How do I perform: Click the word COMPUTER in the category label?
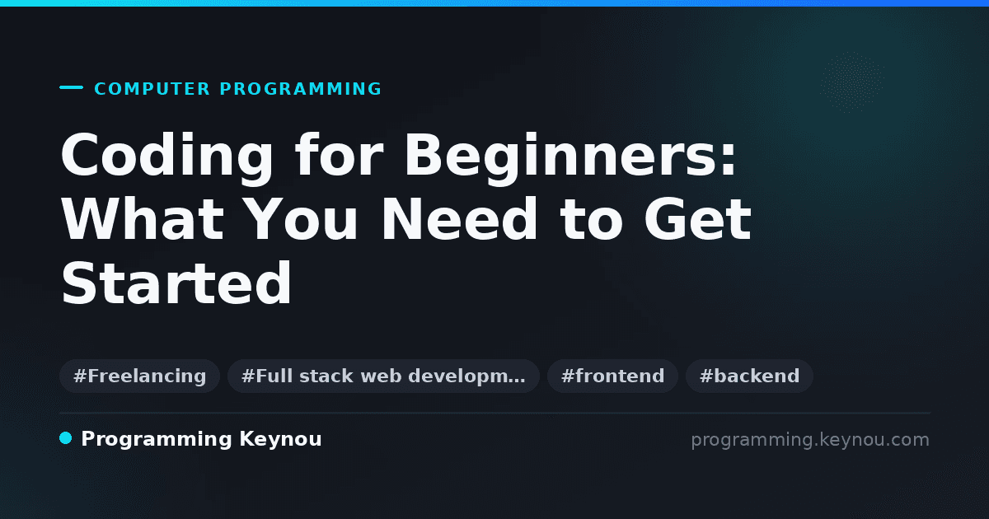coord(152,89)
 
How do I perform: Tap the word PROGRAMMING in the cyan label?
coord(301,89)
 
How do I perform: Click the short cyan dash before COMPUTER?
coord(71,87)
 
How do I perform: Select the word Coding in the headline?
coord(166,157)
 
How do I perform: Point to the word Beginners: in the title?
coord(570,157)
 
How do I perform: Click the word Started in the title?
coord(176,283)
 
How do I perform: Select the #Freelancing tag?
coord(139,376)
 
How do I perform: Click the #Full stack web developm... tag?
coord(383,376)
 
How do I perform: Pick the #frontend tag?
coord(612,376)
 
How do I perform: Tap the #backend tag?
coord(749,376)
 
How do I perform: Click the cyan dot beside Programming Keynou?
coord(65,438)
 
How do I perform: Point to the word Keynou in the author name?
coord(280,440)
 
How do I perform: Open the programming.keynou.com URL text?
coord(810,440)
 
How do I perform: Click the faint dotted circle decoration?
coord(852,82)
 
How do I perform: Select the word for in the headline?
coord(339,156)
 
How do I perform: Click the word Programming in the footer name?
coord(157,440)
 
